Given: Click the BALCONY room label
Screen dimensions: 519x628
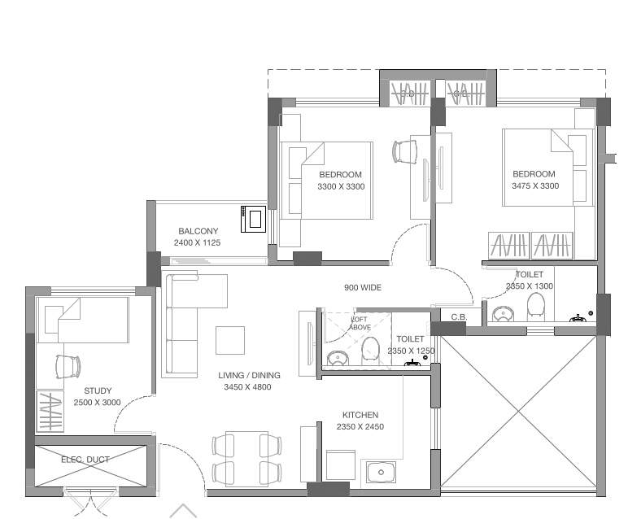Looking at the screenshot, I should coord(198,231).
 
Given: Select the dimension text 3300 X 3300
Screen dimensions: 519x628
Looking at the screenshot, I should coord(341,186).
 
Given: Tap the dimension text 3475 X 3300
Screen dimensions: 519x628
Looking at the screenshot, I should coord(534,185).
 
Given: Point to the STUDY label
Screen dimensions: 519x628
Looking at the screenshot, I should coord(98,391).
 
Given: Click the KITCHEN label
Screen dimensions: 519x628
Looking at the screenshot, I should coord(360,415).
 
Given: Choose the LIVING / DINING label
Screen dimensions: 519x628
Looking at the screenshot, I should coord(249,375).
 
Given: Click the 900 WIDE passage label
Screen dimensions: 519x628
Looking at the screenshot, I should coord(362,287).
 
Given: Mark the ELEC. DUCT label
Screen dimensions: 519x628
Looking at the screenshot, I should coord(85,460).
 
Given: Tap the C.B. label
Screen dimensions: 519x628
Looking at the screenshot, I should coord(458,316).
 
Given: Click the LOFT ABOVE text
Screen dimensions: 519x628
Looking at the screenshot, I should coord(360,323).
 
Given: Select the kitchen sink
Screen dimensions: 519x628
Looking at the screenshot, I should coord(380,472).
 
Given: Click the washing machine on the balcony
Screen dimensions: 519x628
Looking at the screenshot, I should coord(253,219).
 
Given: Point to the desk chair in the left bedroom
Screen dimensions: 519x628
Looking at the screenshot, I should coord(404,151).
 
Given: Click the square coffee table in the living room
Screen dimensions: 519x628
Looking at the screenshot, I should coord(230,340).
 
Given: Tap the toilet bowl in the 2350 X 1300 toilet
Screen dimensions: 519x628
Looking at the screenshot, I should coord(535,306).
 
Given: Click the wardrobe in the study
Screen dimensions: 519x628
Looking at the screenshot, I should coord(50,411).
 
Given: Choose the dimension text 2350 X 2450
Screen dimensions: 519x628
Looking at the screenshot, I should coord(360,426).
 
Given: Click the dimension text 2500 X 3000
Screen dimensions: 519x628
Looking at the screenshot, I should coord(98,403).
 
